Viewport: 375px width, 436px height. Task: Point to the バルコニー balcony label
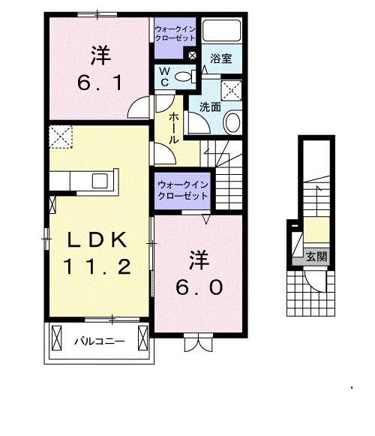(98, 341)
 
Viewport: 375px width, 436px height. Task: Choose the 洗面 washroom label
(210, 107)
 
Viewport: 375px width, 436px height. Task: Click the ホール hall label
(174, 128)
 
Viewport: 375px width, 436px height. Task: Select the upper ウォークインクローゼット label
(175, 35)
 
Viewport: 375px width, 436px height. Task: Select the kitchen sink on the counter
(99, 181)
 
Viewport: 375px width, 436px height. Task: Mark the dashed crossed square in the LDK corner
(58, 137)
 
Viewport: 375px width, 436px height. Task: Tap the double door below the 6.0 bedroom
(199, 343)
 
